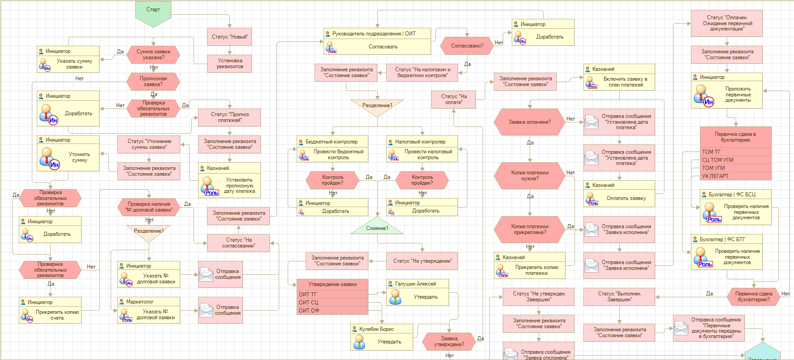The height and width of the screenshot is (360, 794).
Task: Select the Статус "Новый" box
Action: click(x=229, y=37)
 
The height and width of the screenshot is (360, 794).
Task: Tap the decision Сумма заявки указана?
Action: click(x=153, y=55)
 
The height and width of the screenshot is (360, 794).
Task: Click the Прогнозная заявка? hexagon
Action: click(x=153, y=82)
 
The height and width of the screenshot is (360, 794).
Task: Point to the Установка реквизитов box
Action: click(x=229, y=64)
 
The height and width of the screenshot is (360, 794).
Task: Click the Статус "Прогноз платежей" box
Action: click(x=229, y=117)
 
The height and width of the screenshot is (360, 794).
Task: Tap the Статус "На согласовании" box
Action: click(x=238, y=243)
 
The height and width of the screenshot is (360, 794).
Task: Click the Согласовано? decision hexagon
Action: click(x=467, y=46)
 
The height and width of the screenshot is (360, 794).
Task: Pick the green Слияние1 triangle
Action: click(x=377, y=227)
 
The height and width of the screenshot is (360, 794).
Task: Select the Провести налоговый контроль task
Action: click(x=422, y=155)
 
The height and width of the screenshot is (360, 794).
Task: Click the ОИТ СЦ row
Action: click(x=332, y=303)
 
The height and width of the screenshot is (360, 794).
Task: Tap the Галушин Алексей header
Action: click(x=418, y=284)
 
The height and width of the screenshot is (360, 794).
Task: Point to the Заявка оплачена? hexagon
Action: click(x=530, y=122)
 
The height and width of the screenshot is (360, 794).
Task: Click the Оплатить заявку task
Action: click(x=619, y=198)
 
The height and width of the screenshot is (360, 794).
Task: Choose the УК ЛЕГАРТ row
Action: click(x=736, y=176)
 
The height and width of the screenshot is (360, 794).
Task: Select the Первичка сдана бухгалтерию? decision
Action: click(x=754, y=297)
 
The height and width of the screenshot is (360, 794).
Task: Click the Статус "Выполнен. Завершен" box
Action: click(x=619, y=297)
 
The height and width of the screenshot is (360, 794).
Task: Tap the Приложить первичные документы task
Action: click(x=727, y=95)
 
